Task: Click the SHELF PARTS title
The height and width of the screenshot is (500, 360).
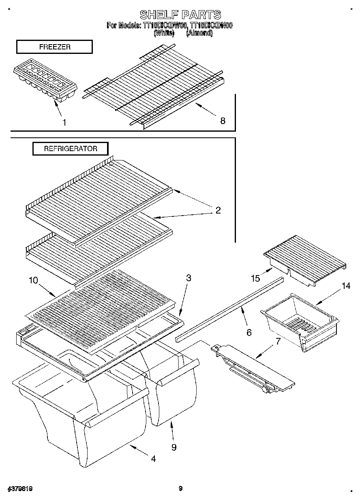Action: [180, 15]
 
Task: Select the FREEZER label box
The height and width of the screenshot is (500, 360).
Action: [54, 47]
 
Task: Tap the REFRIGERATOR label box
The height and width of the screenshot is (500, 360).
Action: [71, 149]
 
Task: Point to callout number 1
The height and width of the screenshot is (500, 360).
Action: [64, 122]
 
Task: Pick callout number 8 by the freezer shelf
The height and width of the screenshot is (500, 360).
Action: [223, 120]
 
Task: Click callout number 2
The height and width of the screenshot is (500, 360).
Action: [218, 210]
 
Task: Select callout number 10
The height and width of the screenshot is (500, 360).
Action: [33, 280]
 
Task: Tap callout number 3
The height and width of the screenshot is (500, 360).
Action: [189, 278]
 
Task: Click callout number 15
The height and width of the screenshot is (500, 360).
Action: [255, 278]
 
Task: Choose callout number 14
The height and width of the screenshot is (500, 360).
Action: [345, 286]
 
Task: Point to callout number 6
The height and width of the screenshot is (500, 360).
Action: [249, 332]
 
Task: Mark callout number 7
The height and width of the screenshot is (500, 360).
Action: [278, 341]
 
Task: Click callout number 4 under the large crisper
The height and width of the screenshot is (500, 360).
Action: [153, 459]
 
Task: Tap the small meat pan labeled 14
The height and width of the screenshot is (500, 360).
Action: [300, 322]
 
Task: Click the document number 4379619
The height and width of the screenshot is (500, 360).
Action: [19, 489]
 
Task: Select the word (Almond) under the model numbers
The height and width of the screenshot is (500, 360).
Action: [199, 33]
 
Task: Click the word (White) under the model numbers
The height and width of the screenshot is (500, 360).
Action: [164, 33]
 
